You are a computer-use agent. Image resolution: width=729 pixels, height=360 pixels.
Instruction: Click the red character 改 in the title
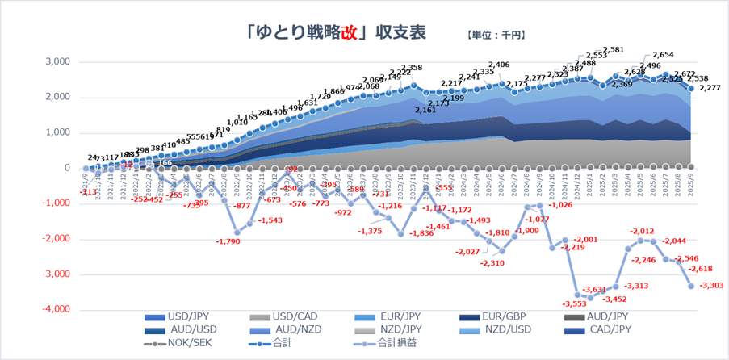(x=348, y=32)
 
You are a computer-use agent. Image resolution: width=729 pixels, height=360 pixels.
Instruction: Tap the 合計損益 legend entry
(x=388, y=344)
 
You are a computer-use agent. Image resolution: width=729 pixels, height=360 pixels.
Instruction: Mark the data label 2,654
(x=662, y=55)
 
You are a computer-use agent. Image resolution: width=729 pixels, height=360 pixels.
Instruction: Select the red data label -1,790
(x=228, y=241)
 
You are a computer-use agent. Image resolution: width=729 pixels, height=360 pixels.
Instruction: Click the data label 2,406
(x=498, y=65)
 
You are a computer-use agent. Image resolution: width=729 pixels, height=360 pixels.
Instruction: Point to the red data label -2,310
(x=491, y=263)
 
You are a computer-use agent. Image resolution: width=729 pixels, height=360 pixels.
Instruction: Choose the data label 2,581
(x=614, y=49)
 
